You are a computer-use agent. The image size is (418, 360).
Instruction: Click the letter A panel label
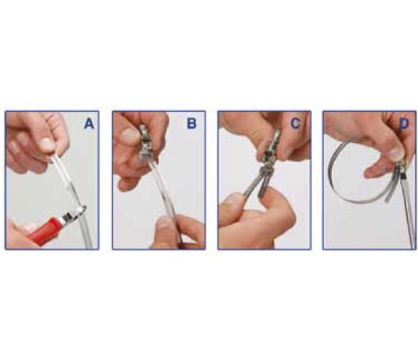[89, 124]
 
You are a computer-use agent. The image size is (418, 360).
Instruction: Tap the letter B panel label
[191, 124]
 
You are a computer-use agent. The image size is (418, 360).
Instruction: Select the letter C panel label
[295, 123]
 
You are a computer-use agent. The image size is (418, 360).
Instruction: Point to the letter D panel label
[404, 124]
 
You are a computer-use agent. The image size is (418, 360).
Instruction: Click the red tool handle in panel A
[48, 229]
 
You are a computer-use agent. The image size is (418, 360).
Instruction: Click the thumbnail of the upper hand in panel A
[48, 144]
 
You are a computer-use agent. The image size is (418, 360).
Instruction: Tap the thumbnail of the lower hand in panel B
[165, 223]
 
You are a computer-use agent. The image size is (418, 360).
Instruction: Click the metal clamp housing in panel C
[272, 149]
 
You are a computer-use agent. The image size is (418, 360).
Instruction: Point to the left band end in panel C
[250, 184]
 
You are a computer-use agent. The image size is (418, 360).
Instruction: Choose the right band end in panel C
[263, 184]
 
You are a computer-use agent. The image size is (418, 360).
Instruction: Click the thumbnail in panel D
[395, 154]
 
